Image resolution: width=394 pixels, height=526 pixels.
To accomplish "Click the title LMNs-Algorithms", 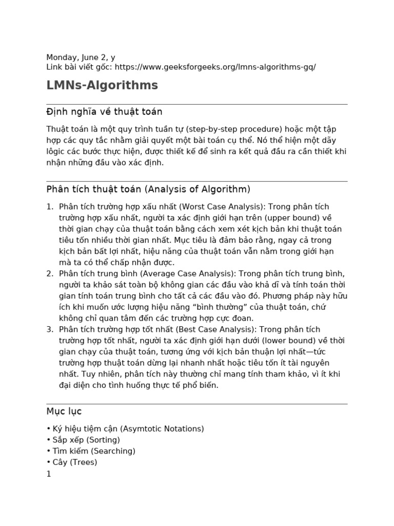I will point(102,85).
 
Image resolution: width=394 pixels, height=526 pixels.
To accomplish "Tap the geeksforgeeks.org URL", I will point(215,67).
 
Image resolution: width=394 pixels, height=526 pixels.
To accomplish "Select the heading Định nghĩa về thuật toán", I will point(104,112).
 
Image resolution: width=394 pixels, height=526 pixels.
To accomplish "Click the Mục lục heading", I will point(64,411).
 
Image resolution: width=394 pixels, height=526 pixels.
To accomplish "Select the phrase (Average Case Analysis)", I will point(188,273).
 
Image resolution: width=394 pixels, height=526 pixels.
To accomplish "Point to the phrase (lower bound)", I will point(269,341).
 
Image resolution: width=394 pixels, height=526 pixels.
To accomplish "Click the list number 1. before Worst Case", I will point(50,206).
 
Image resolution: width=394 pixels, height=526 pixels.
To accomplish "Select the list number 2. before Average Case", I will point(50,273).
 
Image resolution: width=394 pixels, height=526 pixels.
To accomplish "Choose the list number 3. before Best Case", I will point(50,329).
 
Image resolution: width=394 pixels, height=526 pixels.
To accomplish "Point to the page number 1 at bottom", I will point(49,474).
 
